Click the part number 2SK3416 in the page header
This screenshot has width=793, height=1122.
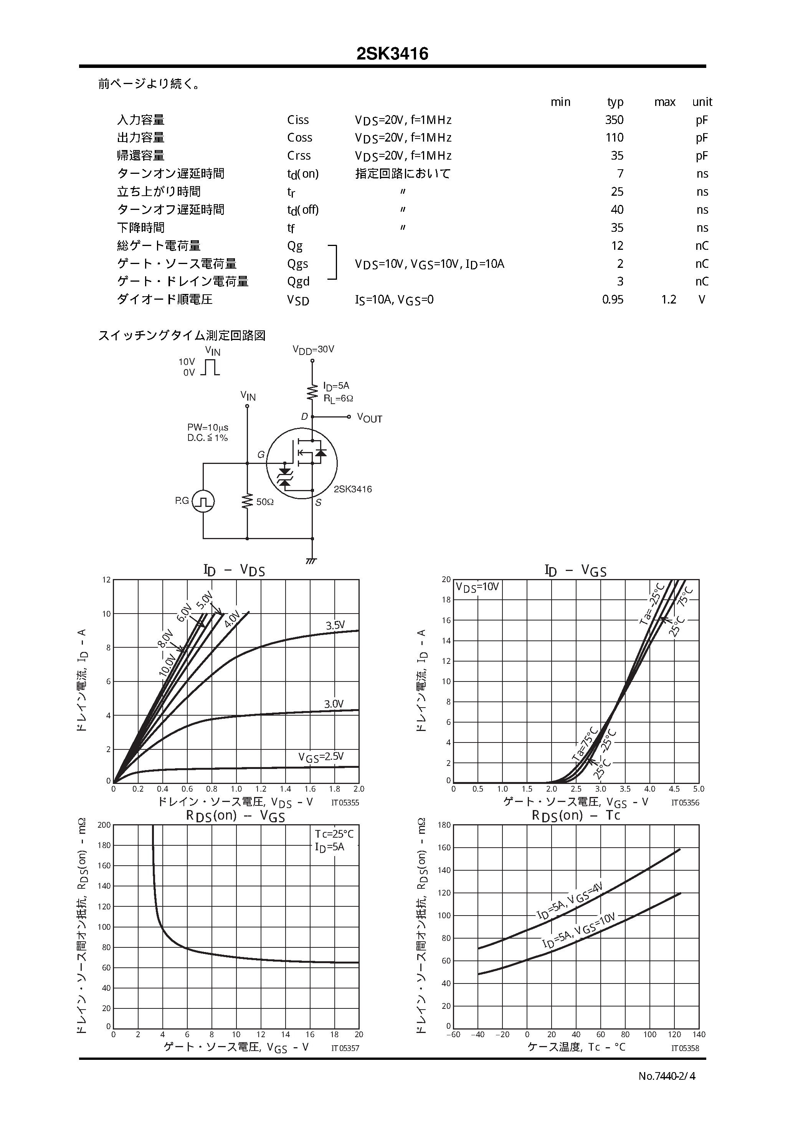[x=392, y=54]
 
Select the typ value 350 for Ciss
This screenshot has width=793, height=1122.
[x=614, y=120]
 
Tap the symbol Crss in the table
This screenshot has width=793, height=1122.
[x=299, y=156]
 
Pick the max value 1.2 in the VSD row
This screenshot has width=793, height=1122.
[x=668, y=300]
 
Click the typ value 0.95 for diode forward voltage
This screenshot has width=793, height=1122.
[x=613, y=300]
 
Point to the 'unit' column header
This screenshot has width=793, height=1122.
[x=702, y=102]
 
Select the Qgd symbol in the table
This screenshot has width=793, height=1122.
[x=298, y=282]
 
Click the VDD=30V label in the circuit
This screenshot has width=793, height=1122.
[x=313, y=350]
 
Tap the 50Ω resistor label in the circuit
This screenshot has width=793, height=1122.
[x=264, y=502]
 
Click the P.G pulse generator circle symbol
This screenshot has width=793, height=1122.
[x=203, y=502]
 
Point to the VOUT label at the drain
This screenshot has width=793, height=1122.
[x=370, y=418]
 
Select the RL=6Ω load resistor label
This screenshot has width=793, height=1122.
[x=338, y=398]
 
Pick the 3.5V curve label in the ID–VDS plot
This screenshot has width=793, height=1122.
[x=335, y=625]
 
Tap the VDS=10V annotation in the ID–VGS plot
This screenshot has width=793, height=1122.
[x=477, y=587]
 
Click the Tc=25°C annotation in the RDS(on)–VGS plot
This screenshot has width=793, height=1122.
[x=334, y=834]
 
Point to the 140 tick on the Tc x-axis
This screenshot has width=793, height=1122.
[x=699, y=1035]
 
